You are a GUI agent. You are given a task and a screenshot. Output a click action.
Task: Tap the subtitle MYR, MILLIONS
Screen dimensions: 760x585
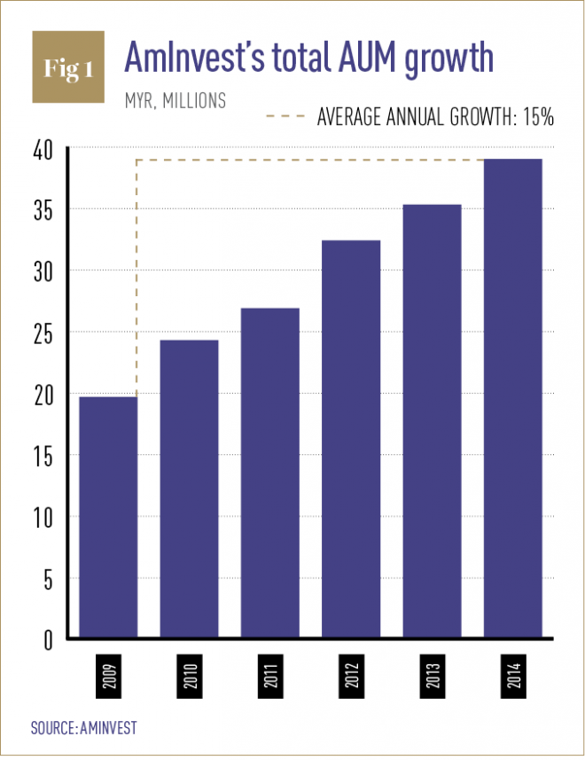(x=175, y=100)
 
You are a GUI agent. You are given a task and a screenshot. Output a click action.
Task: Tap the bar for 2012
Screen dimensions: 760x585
(x=351, y=439)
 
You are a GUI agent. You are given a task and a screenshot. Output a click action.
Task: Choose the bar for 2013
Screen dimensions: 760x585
(x=432, y=421)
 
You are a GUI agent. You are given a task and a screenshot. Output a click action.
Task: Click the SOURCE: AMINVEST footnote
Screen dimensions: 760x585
(x=84, y=727)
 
